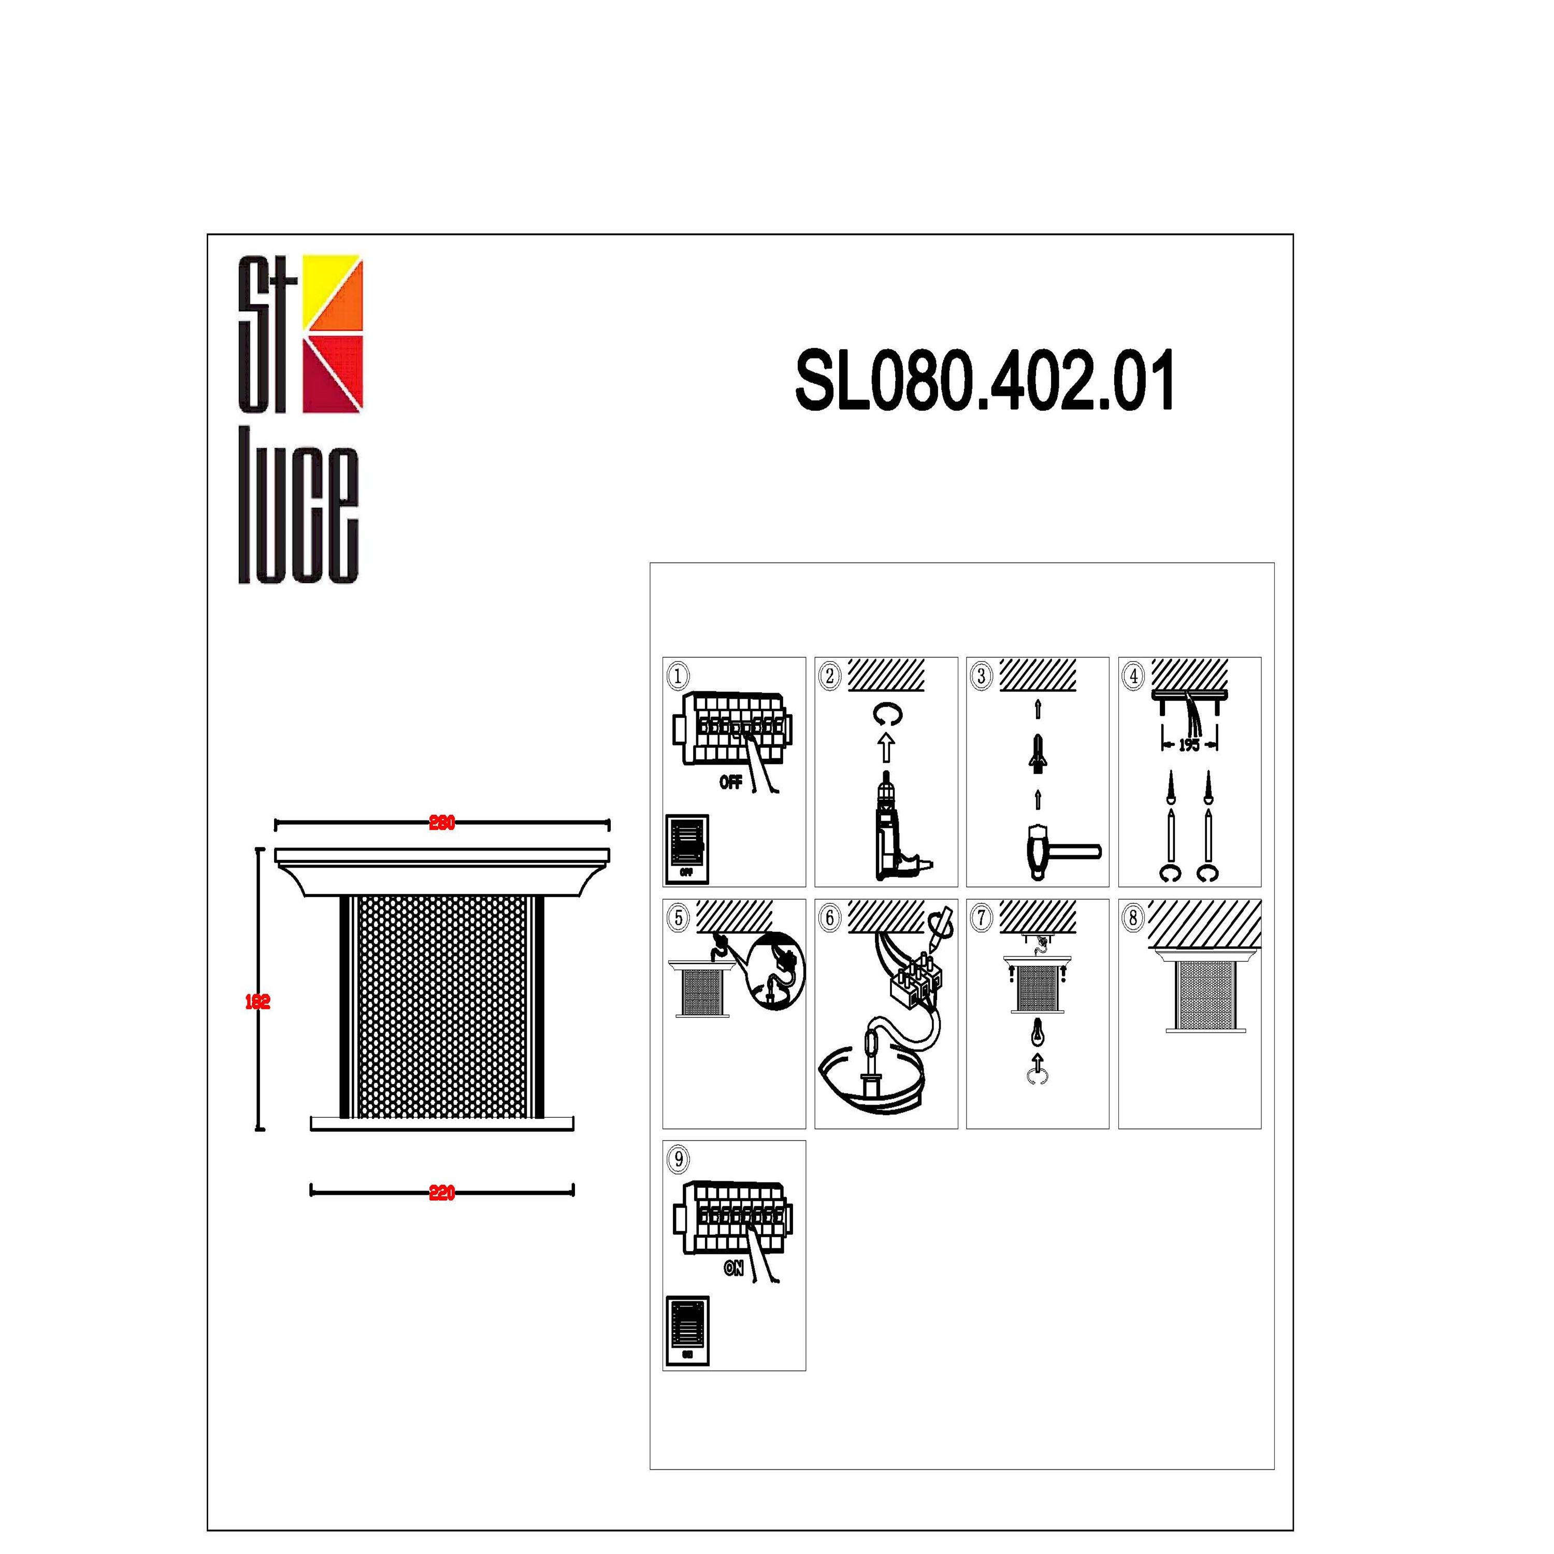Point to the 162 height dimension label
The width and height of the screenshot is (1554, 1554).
pos(257,1001)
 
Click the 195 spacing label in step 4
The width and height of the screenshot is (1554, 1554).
pos(1189,745)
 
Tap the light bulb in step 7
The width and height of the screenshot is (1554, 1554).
pos(1038,1032)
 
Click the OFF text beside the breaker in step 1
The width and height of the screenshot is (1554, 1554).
pos(730,782)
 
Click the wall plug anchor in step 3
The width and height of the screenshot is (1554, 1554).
pos(1038,752)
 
